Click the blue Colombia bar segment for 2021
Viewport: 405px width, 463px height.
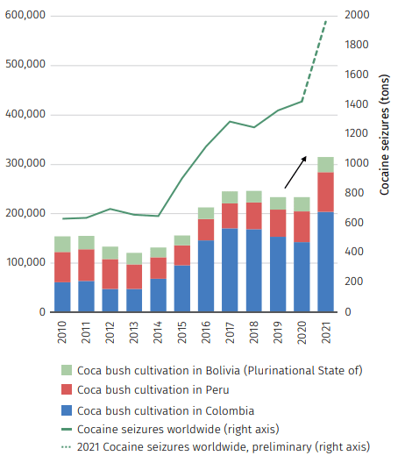click(x=325, y=261)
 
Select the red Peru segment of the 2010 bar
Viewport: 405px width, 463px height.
click(x=62, y=267)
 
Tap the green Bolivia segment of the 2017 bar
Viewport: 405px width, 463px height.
click(x=230, y=197)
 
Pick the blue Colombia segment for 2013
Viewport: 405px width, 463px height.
click(x=134, y=300)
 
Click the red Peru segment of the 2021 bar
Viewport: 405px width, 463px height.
click(x=325, y=192)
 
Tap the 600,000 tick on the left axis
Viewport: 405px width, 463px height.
click(x=25, y=17)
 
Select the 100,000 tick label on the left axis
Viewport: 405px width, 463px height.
click(x=25, y=263)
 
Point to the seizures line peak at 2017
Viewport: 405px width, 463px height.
click(x=230, y=122)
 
